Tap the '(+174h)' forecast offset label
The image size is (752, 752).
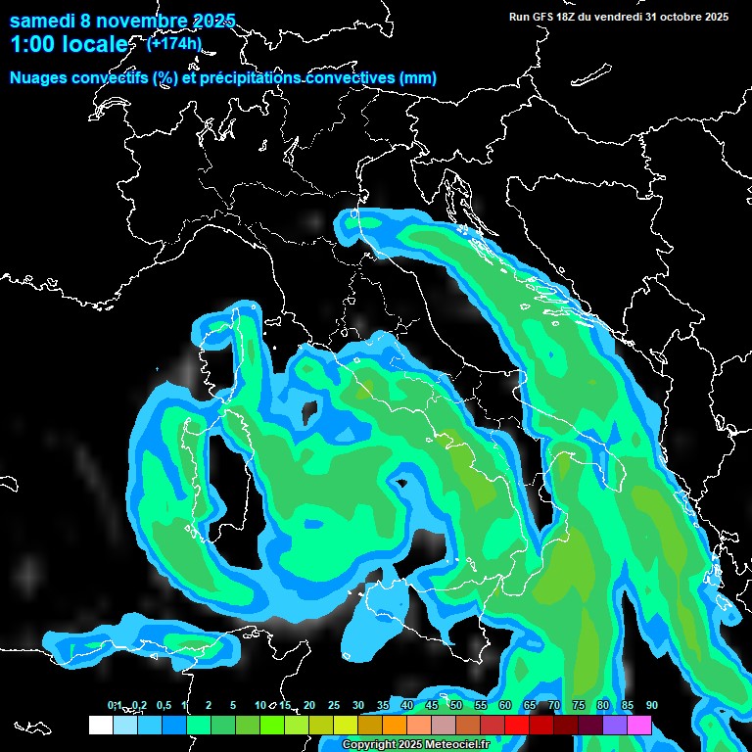point(174,43)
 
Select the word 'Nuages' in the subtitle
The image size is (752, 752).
point(40,78)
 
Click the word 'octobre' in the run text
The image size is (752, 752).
point(675,17)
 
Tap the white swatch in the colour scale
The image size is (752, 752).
point(100,726)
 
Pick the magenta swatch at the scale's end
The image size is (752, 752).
point(639,726)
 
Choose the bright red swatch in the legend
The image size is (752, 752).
point(517,726)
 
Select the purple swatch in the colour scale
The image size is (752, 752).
point(615,726)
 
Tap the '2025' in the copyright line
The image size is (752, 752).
point(411,745)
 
